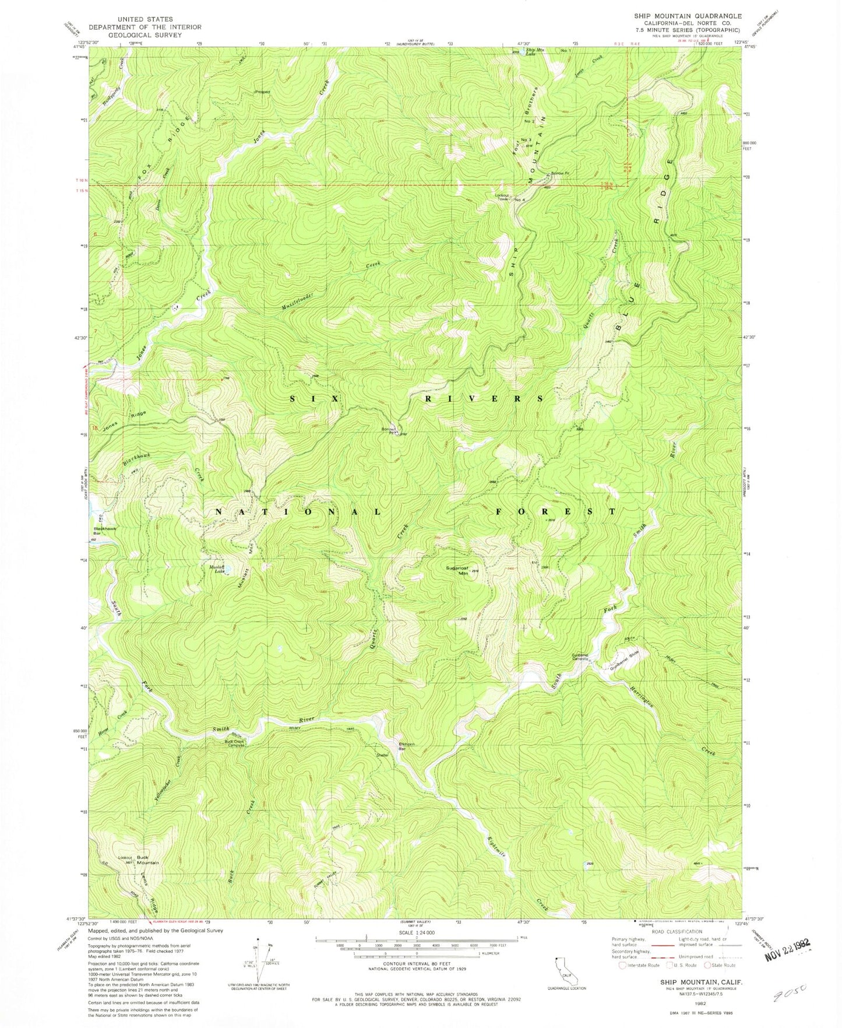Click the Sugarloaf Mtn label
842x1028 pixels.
456,570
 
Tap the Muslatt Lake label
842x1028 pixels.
217,569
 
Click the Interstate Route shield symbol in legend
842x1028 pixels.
622,965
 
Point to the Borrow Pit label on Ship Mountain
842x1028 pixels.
561,173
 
